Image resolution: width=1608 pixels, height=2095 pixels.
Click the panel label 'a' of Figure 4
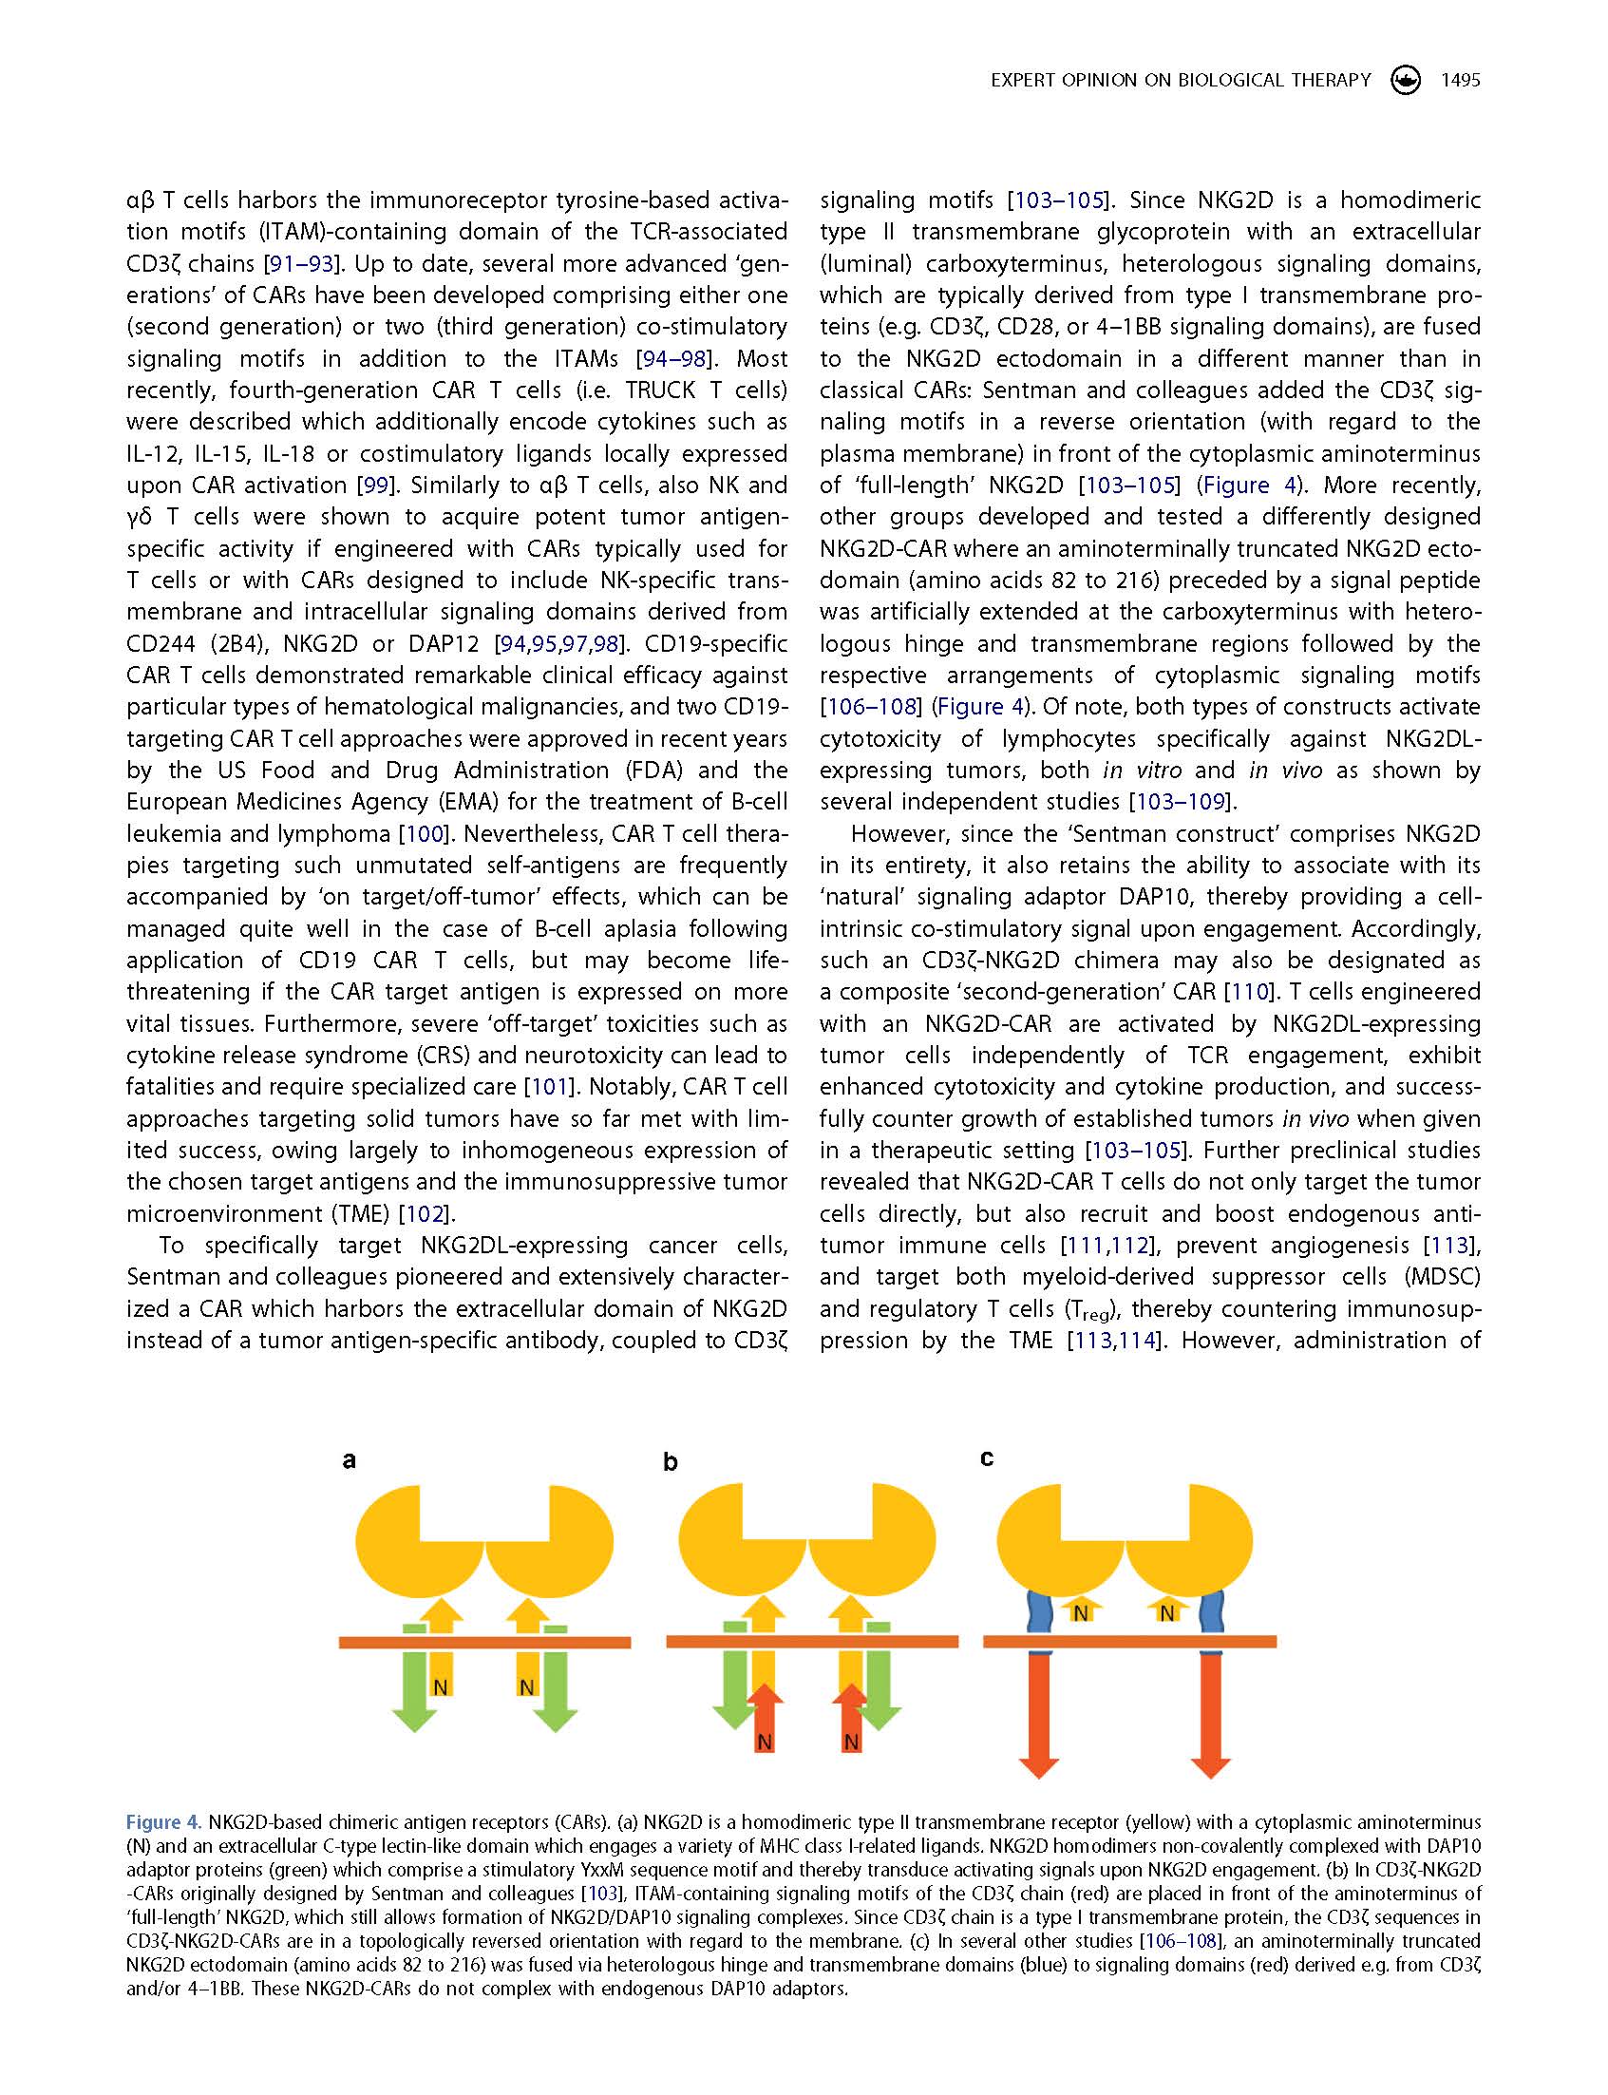click(350, 1461)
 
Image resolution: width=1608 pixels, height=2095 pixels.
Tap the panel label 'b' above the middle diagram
click(670, 1463)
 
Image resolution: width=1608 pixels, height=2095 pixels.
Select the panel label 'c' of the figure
click(987, 1458)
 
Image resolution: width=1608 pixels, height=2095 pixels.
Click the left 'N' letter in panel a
click(441, 1687)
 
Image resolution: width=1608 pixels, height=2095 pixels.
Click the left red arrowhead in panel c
click(1039, 1765)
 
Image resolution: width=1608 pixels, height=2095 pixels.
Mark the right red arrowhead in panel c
click(1211, 1765)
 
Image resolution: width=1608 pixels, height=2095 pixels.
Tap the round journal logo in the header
click(1406, 80)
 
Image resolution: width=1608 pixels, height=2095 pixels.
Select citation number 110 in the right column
click(1248, 992)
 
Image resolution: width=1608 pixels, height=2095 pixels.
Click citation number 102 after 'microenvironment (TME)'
click(424, 1214)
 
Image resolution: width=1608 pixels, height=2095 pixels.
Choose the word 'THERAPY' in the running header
click(1331, 81)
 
